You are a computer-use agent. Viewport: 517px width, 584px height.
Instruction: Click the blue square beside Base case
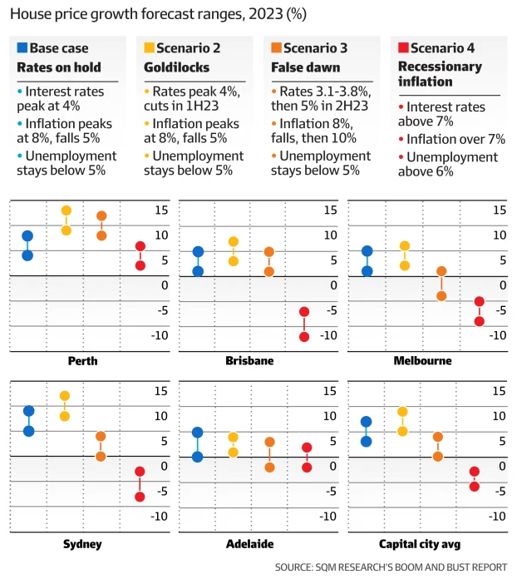pos(22,48)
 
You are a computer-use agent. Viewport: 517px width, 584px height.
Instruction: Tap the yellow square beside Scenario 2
pos(149,48)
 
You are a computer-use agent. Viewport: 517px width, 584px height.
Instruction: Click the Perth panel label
pos(83,361)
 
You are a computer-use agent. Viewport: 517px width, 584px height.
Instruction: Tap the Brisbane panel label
pos(249,361)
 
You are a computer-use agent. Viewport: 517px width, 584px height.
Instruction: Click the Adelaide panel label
pos(249,544)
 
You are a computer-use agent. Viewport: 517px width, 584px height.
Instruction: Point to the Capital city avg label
pos(420,544)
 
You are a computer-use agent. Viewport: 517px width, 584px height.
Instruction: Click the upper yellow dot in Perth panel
pos(66,210)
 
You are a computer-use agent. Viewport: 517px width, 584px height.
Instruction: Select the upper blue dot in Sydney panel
pos(28,411)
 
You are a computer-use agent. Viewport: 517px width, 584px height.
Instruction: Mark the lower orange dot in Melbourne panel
pos(441,296)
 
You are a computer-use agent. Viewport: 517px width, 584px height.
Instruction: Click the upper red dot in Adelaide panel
pos(307,448)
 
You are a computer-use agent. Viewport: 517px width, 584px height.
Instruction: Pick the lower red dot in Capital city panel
pos(475,487)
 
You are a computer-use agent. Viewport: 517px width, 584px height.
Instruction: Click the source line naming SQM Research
pos(391,567)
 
